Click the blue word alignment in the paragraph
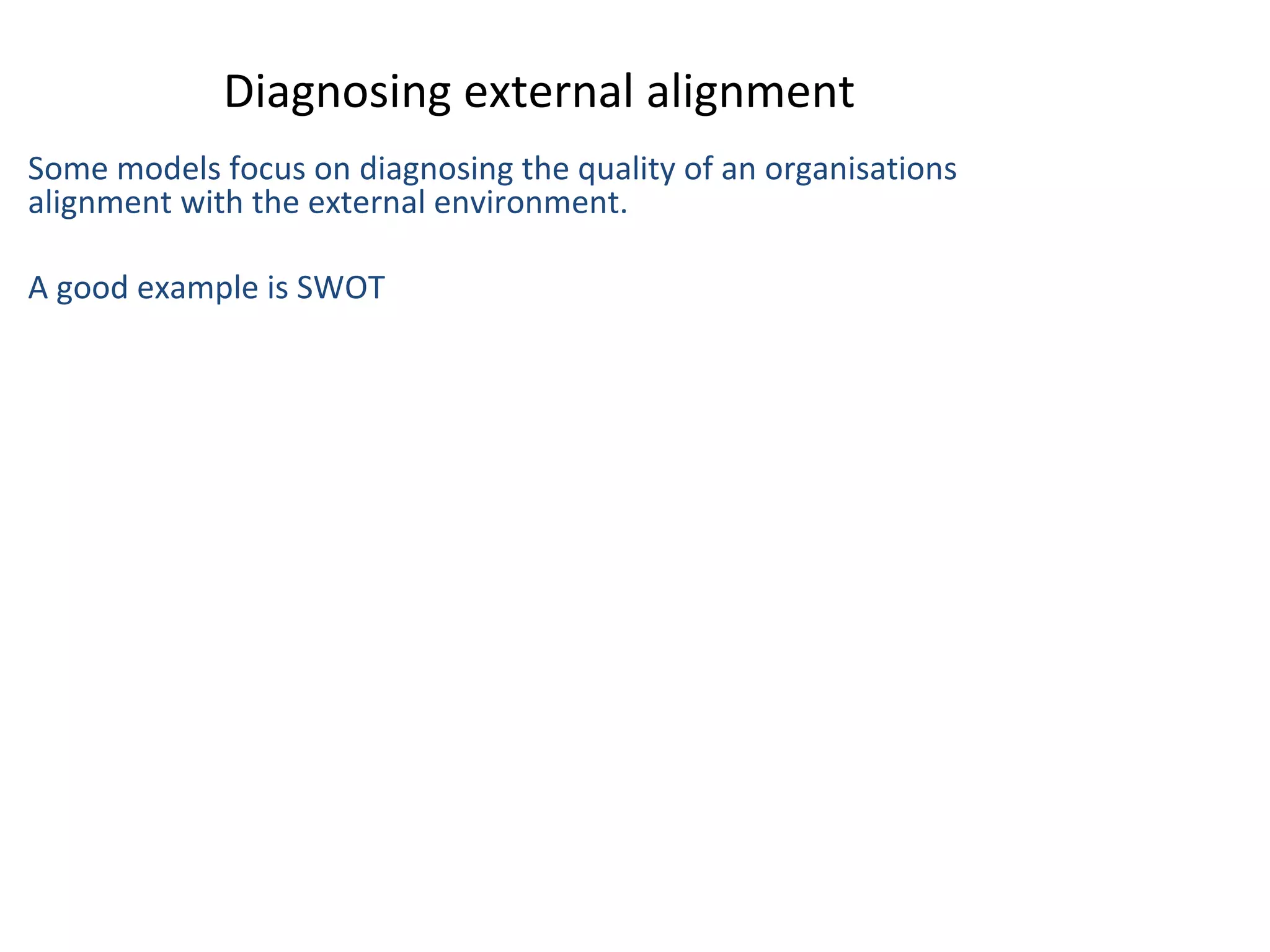coord(100,203)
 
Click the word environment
coord(530,202)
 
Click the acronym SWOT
coord(341,288)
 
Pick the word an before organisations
coord(737,169)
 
